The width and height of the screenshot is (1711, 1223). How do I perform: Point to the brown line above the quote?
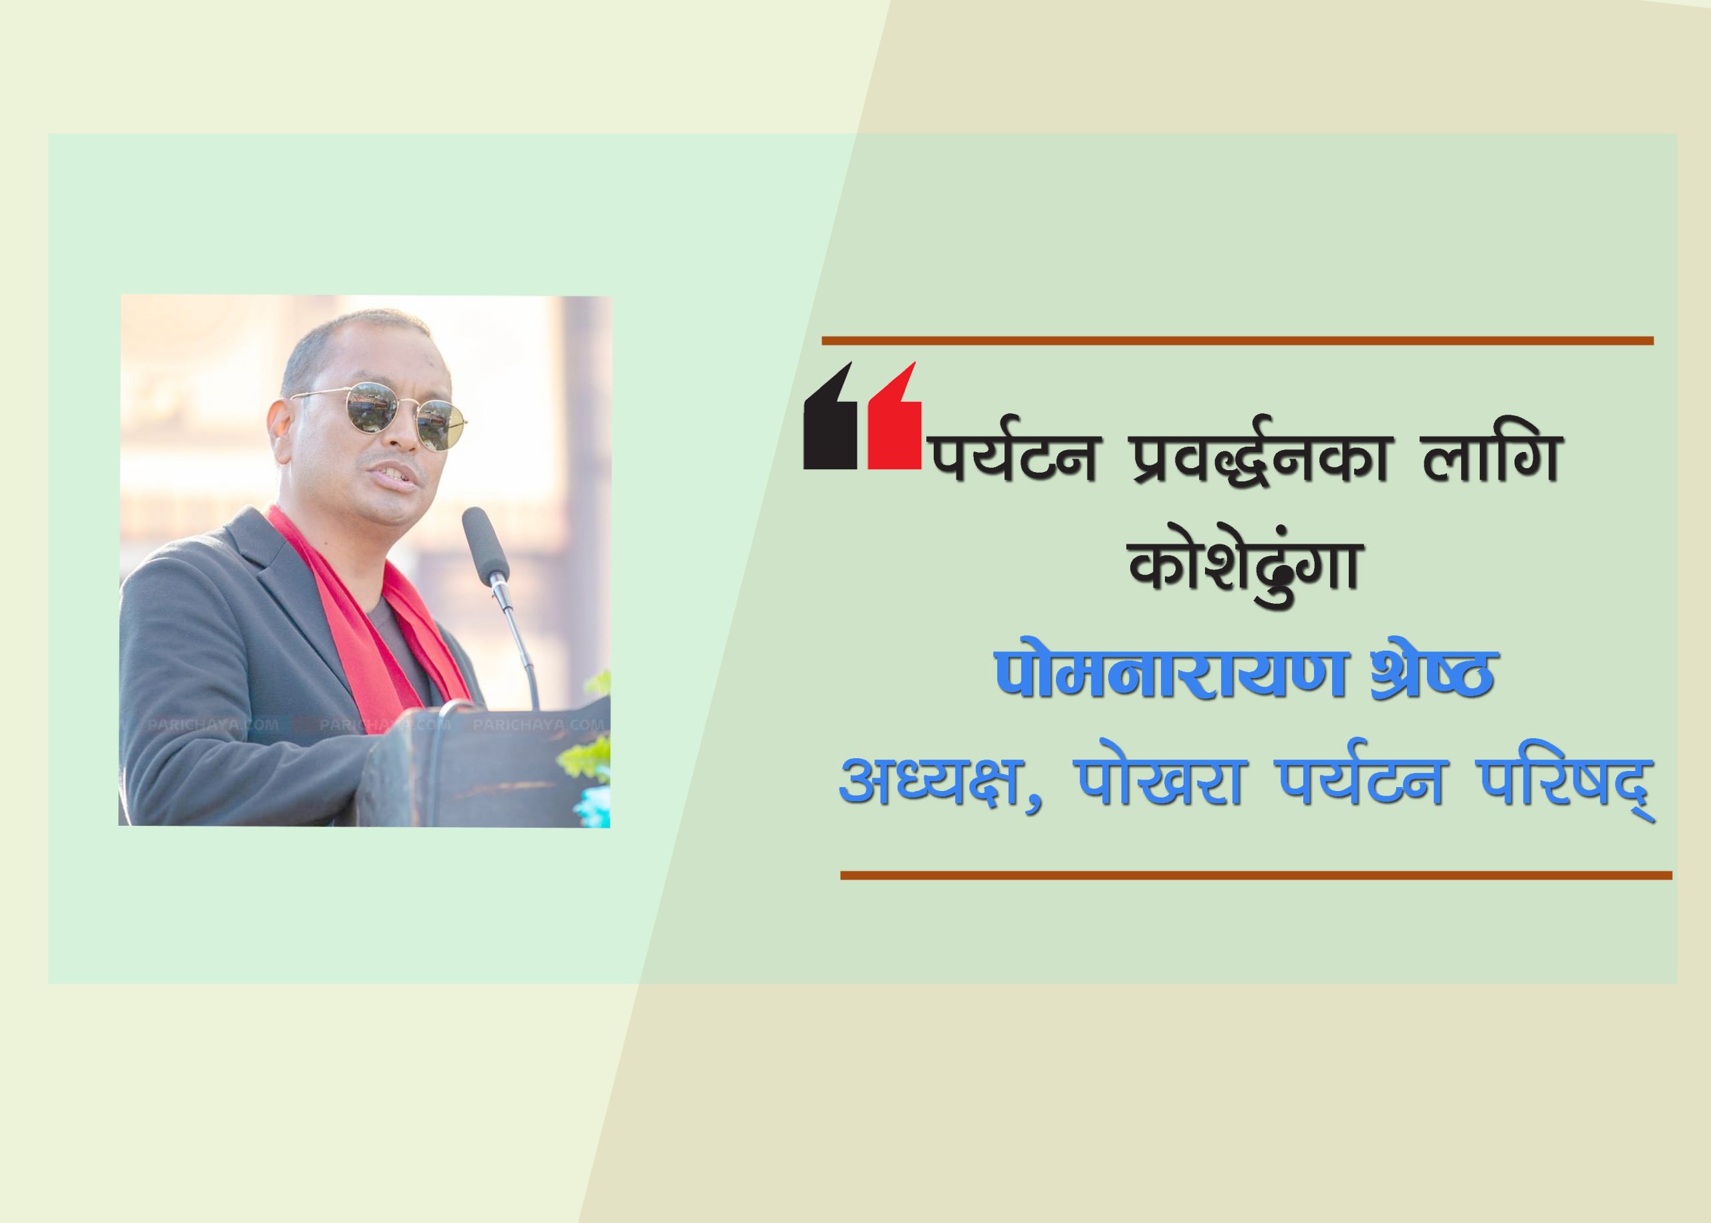pyautogui.click(x=1236, y=340)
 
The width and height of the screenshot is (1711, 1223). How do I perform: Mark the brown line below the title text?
pyautogui.click(x=1256, y=875)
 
